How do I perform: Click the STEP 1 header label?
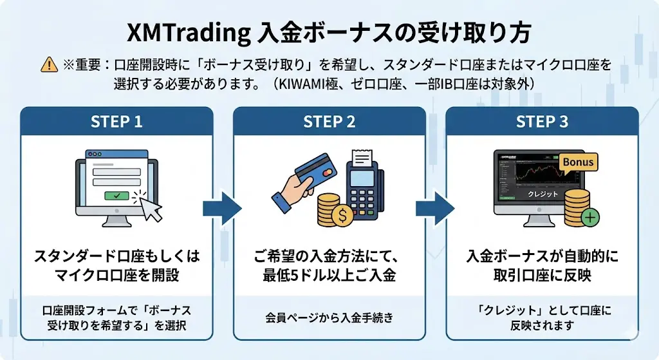click(116, 121)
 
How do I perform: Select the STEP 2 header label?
click(329, 121)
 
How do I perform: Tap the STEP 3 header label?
click(542, 121)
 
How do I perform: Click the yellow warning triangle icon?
click(49, 64)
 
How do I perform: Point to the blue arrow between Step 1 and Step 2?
click(222, 207)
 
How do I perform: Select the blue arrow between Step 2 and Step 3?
click(435, 207)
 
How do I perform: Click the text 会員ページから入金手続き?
click(329, 317)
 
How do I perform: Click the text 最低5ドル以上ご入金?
click(329, 275)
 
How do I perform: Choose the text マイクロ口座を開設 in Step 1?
click(116, 275)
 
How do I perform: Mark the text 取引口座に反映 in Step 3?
click(542, 275)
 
